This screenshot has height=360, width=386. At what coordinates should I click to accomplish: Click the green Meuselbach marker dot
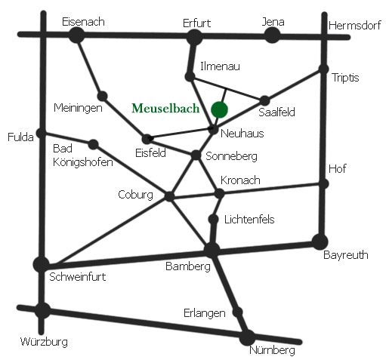219,109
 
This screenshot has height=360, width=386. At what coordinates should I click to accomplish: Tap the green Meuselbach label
165,109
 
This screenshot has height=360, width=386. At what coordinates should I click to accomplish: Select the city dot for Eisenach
76,35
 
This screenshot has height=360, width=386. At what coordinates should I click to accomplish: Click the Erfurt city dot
194,37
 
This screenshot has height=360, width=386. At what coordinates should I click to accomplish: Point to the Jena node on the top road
272,35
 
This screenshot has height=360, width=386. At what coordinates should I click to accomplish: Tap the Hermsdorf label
354,26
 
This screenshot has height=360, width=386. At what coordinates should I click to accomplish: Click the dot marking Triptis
323,69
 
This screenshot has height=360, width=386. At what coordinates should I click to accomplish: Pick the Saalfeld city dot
264,100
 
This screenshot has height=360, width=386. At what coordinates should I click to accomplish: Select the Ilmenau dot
190,76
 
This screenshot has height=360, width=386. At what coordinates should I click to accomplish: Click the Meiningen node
103,96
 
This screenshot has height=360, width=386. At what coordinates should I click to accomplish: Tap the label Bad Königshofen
82,155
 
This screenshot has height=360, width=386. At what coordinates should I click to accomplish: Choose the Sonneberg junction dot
196,155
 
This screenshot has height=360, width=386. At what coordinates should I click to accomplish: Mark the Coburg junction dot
169,196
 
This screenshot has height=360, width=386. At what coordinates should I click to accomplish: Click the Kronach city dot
219,193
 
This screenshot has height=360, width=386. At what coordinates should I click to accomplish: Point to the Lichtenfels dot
214,220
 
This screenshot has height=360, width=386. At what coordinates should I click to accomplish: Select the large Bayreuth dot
320,242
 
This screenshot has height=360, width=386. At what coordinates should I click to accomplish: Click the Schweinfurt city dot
42,264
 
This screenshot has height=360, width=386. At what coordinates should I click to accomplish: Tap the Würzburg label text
44,342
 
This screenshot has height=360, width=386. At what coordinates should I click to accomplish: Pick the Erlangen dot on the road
237,312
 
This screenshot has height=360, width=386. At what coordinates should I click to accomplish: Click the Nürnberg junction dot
247,338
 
